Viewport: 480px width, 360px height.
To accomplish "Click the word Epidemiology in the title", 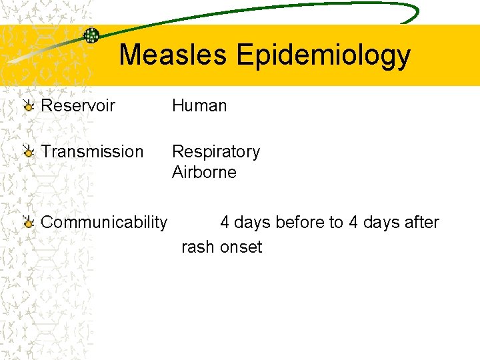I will pyautogui.click(x=323, y=56).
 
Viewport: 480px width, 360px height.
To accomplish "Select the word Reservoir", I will pyautogui.click(x=78, y=105).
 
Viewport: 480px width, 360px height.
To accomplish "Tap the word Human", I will pyautogui.click(x=199, y=105).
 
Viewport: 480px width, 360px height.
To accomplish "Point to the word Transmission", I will pyautogui.click(x=92, y=152).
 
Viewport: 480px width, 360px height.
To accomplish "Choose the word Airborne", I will pyautogui.click(x=204, y=172).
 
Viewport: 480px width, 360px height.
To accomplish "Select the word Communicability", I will pyautogui.click(x=104, y=222).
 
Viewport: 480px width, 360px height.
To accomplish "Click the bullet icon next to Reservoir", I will pyautogui.click(x=28, y=106).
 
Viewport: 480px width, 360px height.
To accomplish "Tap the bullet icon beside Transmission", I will pyautogui.click(x=28, y=153).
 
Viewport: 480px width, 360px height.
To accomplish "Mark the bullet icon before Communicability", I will pyautogui.click(x=28, y=223).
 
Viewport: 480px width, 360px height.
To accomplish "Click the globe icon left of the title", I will pyautogui.click(x=91, y=35).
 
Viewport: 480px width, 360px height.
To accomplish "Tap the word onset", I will pyautogui.click(x=241, y=247).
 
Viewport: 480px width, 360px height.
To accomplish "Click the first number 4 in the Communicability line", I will pyautogui.click(x=225, y=222).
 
